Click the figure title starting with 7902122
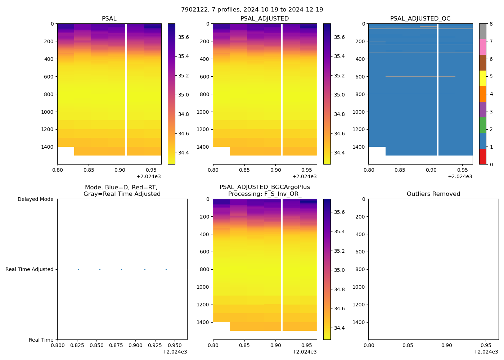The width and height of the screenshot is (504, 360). click(x=252, y=10)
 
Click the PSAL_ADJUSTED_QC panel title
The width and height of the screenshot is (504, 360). click(x=420, y=19)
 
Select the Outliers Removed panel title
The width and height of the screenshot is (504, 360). click(x=433, y=194)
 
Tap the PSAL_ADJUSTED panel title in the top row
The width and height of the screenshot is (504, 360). click(x=265, y=19)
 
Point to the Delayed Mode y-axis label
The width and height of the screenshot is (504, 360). click(x=35, y=199)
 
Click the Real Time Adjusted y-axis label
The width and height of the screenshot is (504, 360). click(x=30, y=269)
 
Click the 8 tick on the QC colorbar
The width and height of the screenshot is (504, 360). click(x=491, y=24)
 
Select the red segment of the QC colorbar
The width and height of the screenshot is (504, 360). click(x=483, y=157)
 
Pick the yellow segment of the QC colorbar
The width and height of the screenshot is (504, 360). click(x=483, y=78)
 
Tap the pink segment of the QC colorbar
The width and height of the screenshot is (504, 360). click(x=483, y=47)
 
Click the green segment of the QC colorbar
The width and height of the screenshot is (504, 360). click(x=483, y=125)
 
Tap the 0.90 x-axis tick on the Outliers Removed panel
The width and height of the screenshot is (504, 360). click(x=447, y=346)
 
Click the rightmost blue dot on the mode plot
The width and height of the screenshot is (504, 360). click(x=187, y=269)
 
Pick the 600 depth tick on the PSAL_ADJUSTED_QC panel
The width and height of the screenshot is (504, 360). click(x=360, y=77)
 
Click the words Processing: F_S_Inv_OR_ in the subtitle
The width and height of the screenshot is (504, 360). click(x=265, y=194)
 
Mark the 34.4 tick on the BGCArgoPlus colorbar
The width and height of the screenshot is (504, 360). click(x=339, y=328)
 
